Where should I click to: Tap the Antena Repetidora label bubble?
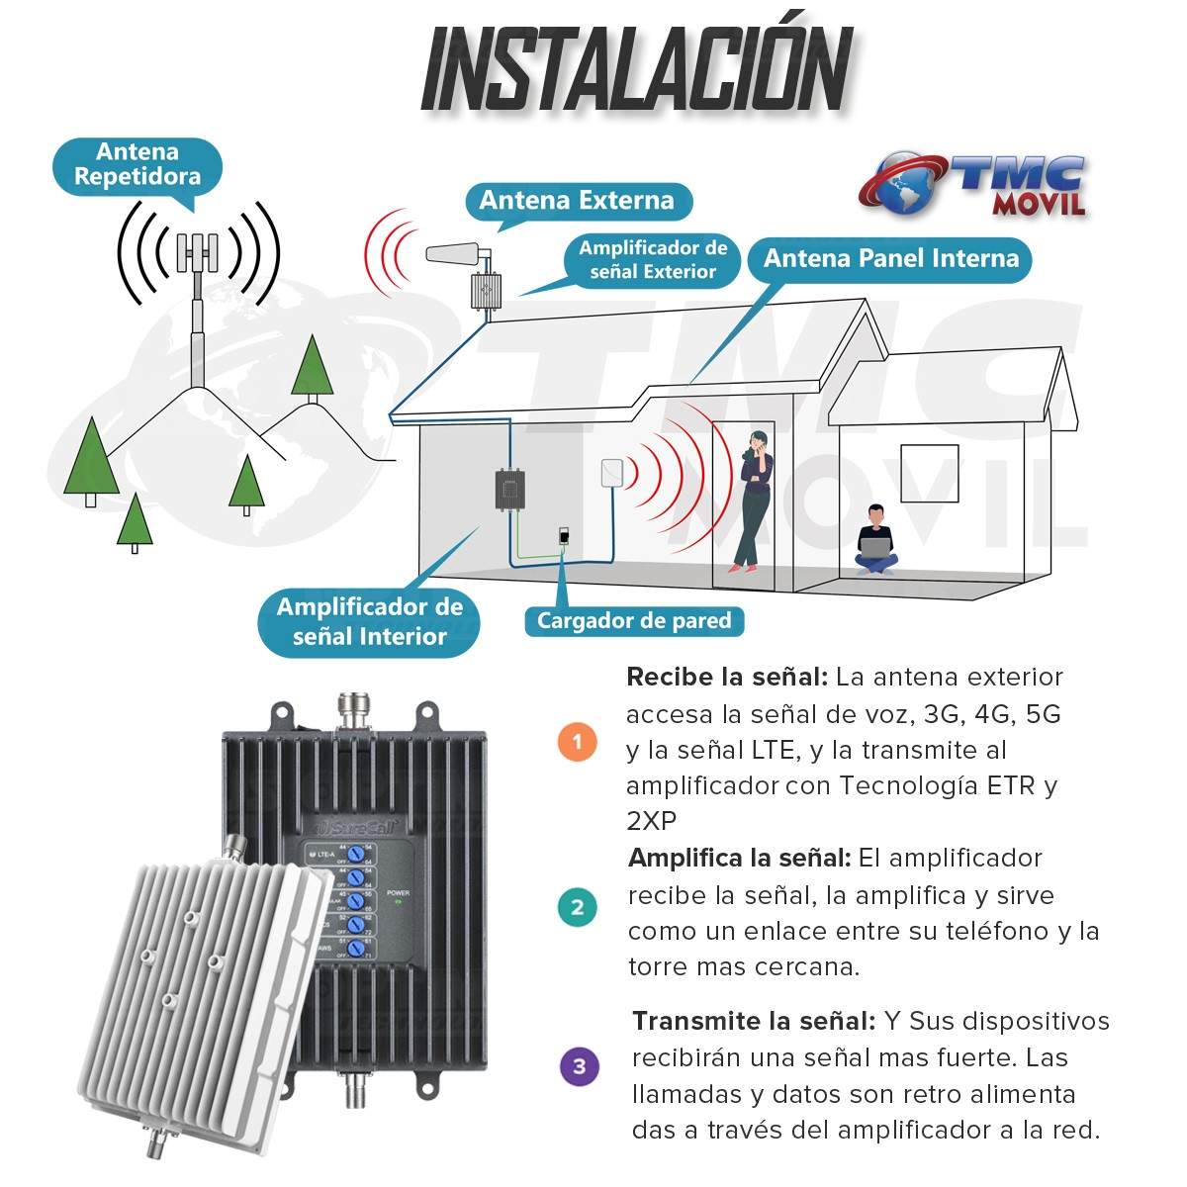tap(137, 165)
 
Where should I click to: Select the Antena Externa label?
tap(577, 201)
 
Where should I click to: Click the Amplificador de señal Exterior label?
tap(653, 260)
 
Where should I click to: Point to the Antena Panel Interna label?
tap(890, 259)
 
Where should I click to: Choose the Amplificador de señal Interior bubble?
tap(369, 622)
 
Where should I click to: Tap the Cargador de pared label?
tap(634, 621)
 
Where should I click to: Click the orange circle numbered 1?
tap(578, 742)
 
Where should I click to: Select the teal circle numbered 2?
tap(578, 907)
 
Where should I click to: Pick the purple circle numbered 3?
tap(579, 1066)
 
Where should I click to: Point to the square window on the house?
tap(929, 473)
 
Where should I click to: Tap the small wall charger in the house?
tap(563, 535)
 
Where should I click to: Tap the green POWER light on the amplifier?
tap(399, 901)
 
